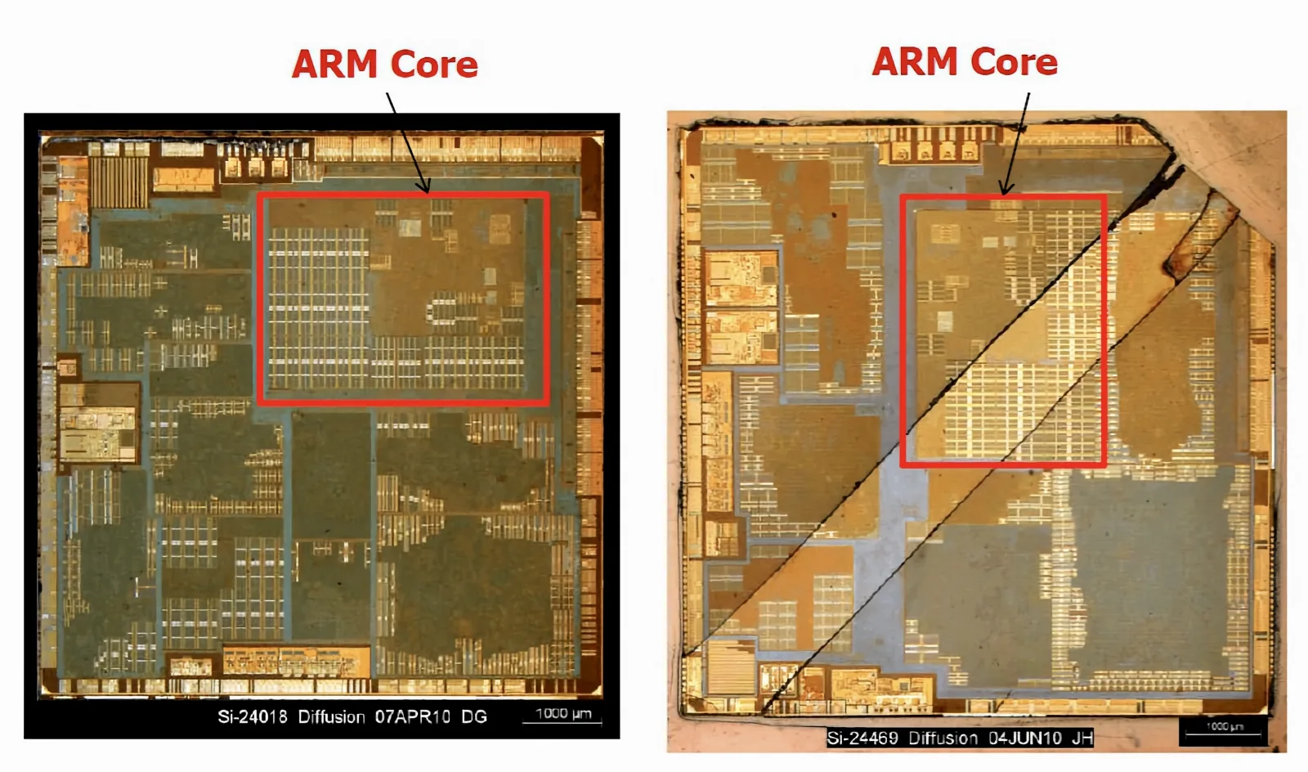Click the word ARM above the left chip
(x=335, y=64)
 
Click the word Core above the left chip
(x=434, y=65)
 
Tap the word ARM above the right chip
(x=915, y=61)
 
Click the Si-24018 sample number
(x=253, y=716)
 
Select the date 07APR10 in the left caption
(x=412, y=716)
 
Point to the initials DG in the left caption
(x=474, y=716)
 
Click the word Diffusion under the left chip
(x=331, y=716)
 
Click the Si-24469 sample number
(x=862, y=738)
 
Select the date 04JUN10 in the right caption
(x=1024, y=738)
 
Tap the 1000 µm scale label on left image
(x=563, y=713)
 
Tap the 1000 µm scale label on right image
(x=1225, y=726)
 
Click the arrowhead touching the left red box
(x=424, y=186)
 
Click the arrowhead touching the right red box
(x=1006, y=187)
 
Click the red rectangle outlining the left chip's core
(x=258, y=298)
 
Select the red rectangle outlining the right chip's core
(x=903, y=330)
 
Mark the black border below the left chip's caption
(x=321, y=733)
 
